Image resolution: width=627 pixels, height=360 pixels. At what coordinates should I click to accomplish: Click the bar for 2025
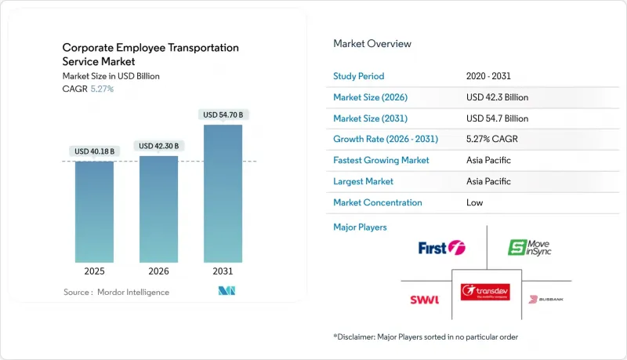click(94, 211)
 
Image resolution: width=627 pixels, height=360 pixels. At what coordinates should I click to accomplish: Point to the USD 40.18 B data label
click(94, 151)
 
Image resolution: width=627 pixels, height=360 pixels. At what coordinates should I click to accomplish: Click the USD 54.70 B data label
click(223, 115)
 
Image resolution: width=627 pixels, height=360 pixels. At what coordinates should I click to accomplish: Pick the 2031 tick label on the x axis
click(223, 271)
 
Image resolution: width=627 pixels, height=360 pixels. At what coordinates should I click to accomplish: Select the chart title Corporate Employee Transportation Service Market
click(150, 54)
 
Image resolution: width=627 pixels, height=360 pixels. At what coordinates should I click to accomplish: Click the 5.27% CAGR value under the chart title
click(102, 89)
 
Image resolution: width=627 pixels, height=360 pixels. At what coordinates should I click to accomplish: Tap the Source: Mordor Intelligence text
click(116, 292)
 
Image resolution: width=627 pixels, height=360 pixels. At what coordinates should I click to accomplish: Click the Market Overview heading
click(372, 43)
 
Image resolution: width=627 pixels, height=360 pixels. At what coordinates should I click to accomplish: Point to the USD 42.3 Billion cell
click(497, 97)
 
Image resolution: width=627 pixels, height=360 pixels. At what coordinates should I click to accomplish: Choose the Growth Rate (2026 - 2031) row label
click(386, 139)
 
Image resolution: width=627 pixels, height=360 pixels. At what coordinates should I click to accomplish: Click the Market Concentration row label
click(378, 202)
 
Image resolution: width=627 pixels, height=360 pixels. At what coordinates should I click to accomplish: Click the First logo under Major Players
click(441, 248)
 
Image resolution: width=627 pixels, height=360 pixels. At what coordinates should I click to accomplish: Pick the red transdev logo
click(486, 291)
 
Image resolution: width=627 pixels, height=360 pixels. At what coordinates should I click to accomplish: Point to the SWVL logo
click(424, 299)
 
